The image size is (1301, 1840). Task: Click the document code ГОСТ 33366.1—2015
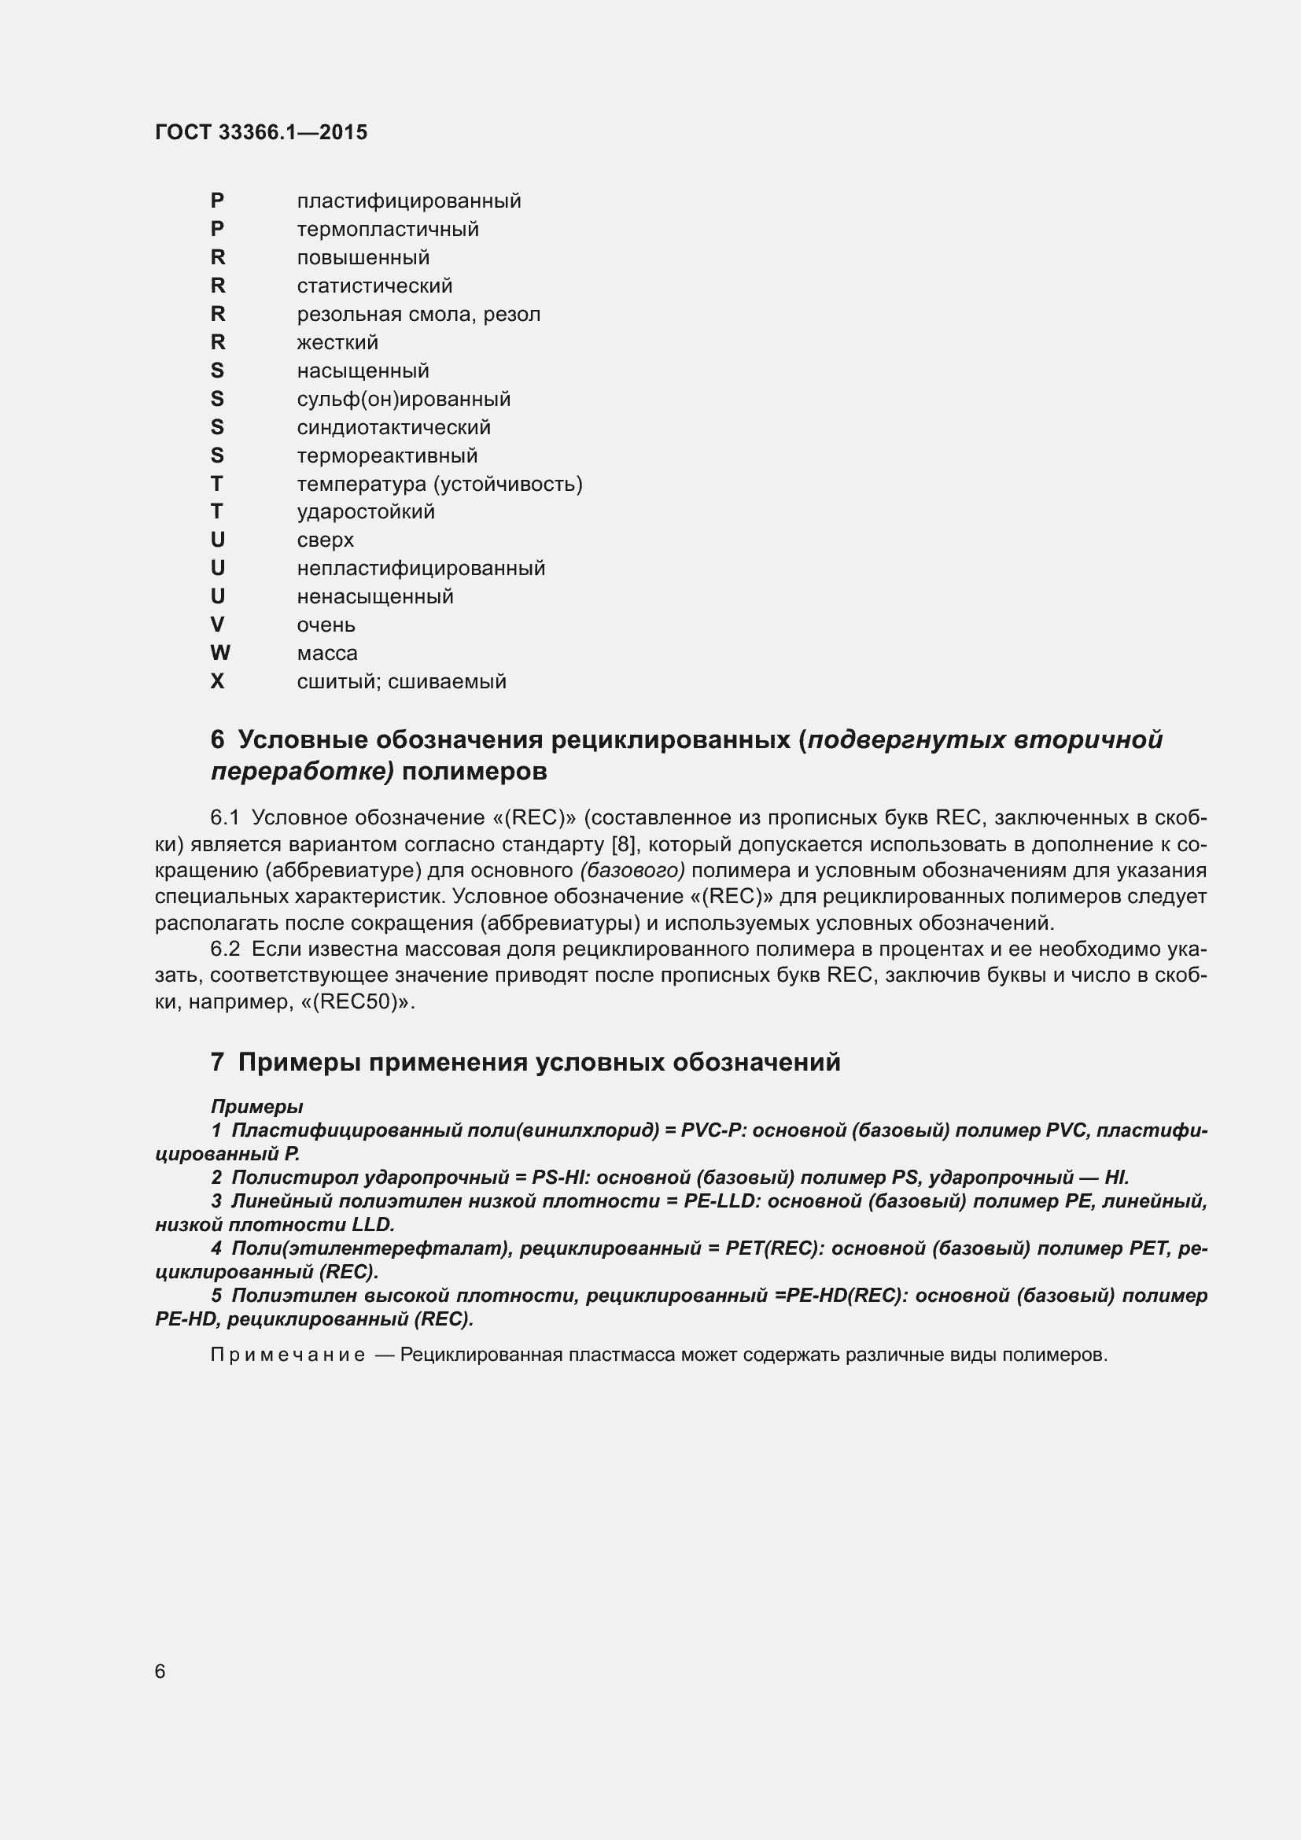pos(261,132)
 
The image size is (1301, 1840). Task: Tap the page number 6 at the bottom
pos(160,1671)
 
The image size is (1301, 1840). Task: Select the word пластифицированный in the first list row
pos(408,201)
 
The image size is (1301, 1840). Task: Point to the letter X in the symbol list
pos(217,681)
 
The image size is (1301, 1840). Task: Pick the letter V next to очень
pos(217,625)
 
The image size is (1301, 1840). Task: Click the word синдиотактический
pos(393,427)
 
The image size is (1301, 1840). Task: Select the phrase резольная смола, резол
pos(418,314)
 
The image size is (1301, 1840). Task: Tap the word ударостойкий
pos(365,511)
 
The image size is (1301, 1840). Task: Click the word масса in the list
pos(327,653)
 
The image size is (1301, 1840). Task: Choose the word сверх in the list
pos(326,540)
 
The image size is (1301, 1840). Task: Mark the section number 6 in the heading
pos(217,739)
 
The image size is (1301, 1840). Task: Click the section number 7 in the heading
pos(217,1063)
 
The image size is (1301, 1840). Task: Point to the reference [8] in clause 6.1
pos(623,845)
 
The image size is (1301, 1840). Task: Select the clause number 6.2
pos(225,949)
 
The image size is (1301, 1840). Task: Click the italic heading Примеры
pos(256,1107)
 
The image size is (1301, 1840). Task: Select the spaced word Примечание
pos(288,1355)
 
